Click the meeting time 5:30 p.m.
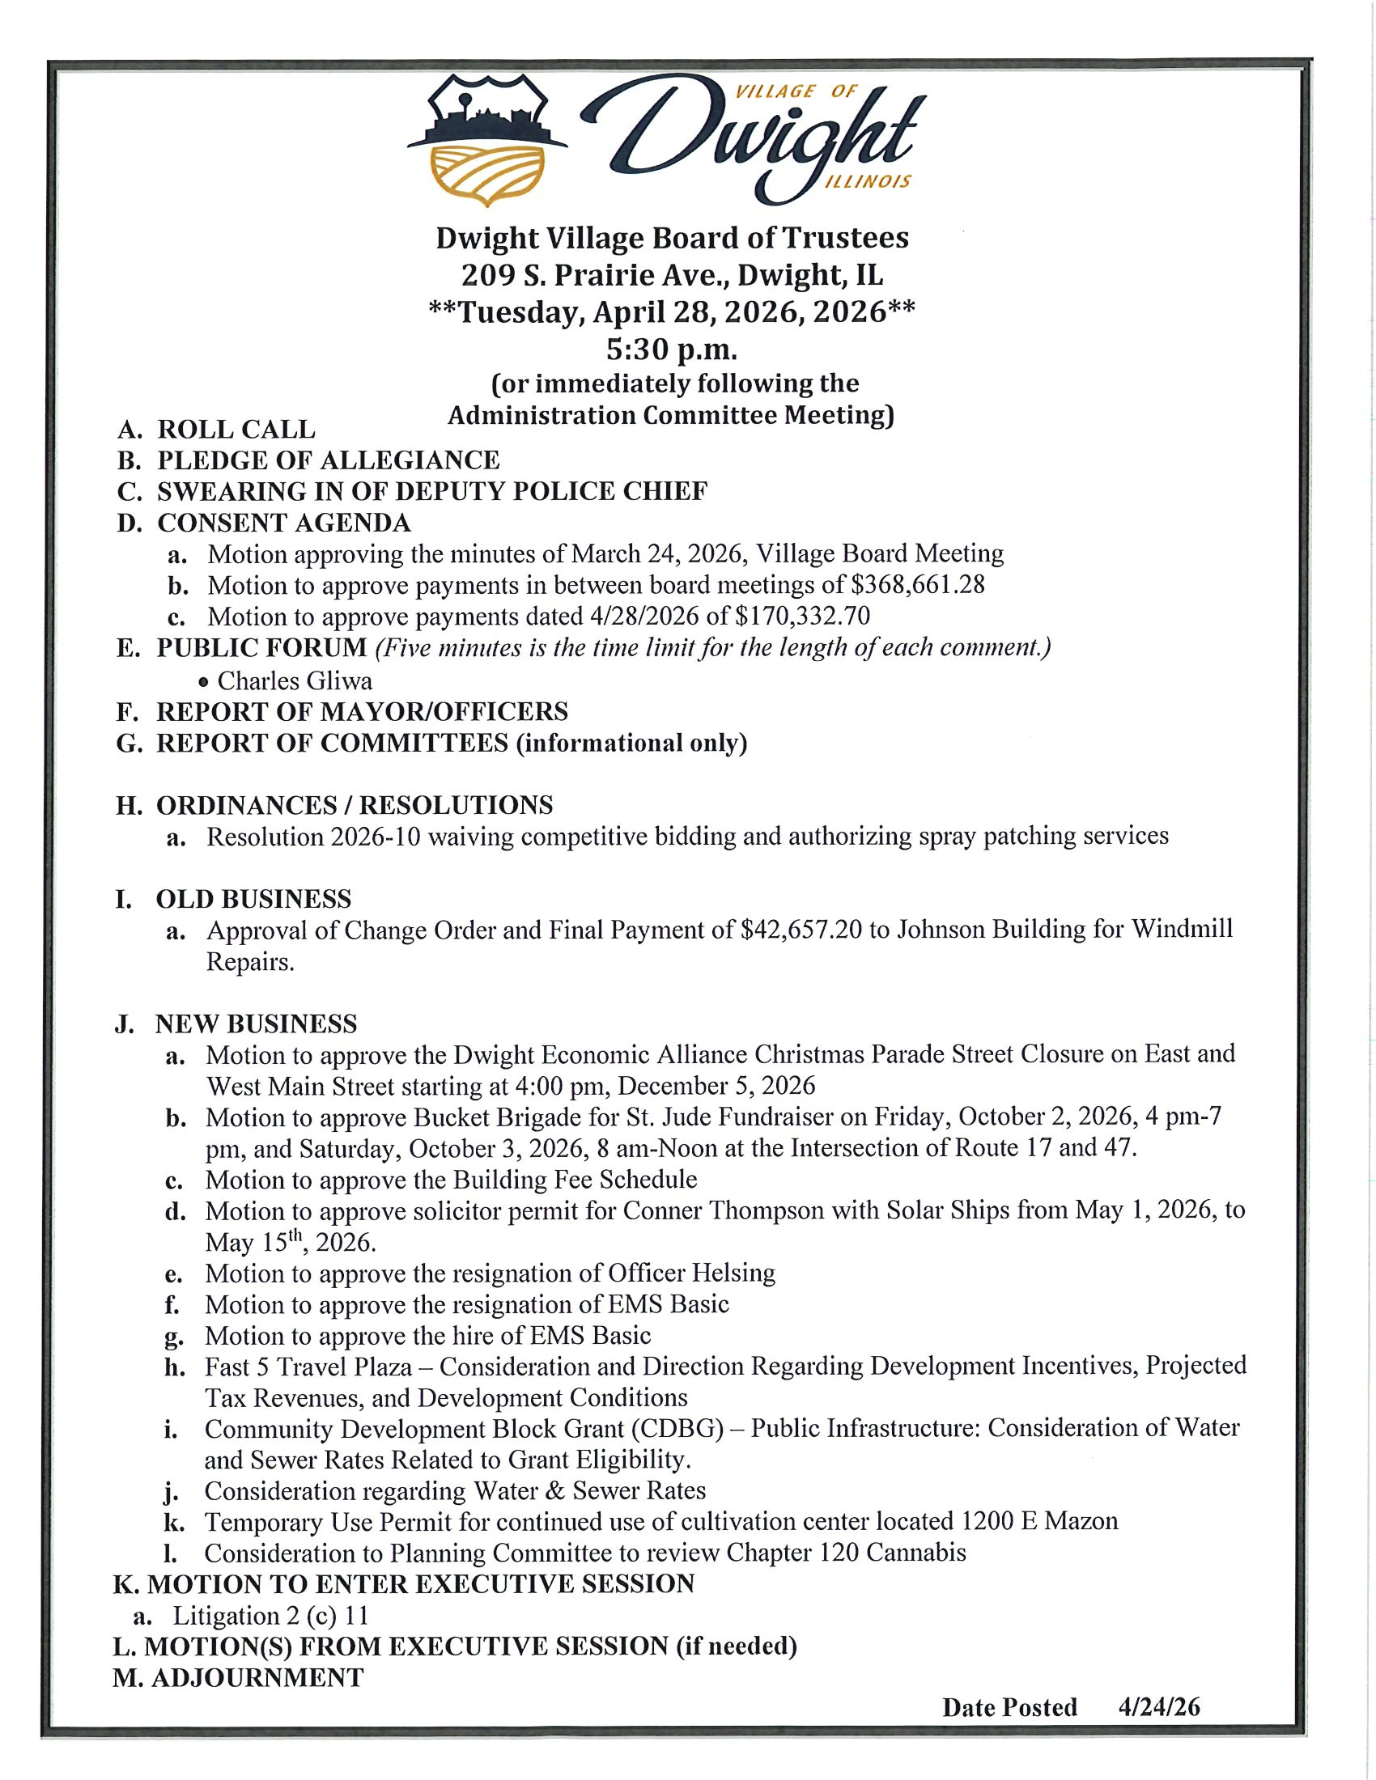coord(671,350)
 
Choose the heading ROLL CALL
coord(236,429)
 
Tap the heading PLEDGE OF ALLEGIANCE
coord(328,460)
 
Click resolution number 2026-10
coord(376,837)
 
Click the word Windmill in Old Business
coord(1181,930)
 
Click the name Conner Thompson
coord(723,1210)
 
